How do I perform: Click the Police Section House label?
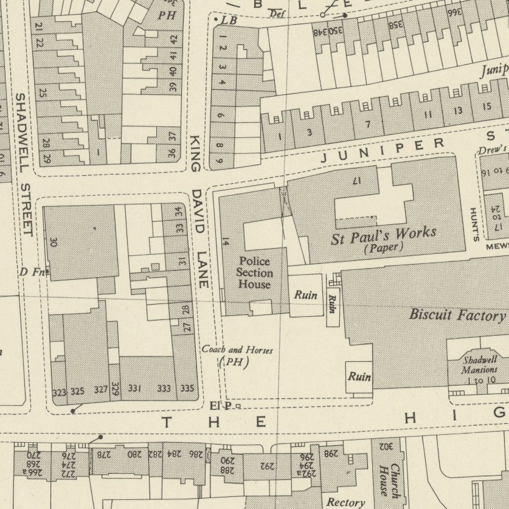255,272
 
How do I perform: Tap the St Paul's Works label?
384,235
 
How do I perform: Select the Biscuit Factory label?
457,314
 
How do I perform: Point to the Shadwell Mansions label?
479,364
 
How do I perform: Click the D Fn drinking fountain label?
33,272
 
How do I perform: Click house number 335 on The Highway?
187,389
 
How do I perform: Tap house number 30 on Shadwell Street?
54,242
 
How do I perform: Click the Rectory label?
345,502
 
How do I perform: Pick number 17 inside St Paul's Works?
356,181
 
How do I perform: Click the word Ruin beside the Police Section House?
305,295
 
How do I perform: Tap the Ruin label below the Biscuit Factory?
359,377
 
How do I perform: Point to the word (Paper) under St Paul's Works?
384,247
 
